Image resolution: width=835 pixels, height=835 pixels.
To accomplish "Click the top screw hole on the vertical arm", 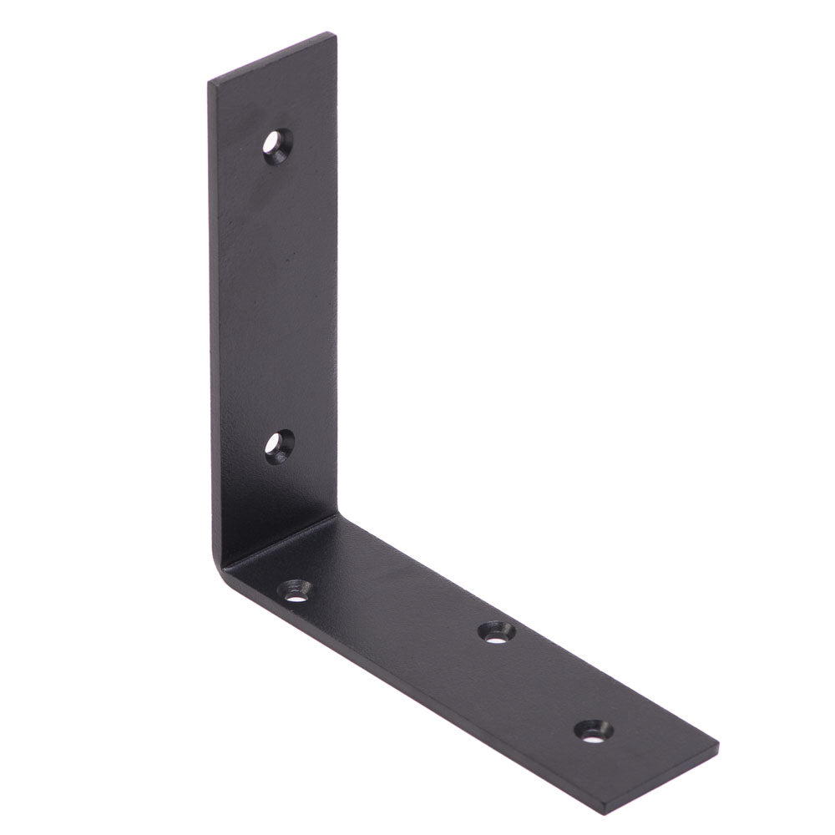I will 276,146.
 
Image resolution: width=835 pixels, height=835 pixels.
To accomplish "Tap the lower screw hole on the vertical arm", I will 279,447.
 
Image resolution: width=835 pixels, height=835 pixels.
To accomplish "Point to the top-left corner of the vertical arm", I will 210,82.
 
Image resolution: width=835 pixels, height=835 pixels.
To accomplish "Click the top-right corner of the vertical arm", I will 336,35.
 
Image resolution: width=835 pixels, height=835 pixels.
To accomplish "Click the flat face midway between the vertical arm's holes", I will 276,296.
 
